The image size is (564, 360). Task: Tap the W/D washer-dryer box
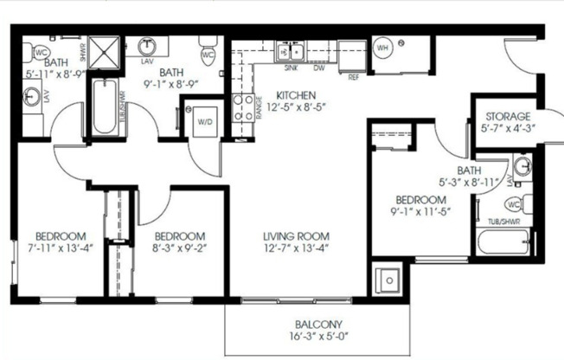tap(204, 122)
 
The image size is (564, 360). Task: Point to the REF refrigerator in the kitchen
tap(352, 55)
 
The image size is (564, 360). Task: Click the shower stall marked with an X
tap(106, 52)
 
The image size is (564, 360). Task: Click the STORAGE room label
tap(508, 116)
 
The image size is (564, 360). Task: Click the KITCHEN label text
tap(296, 95)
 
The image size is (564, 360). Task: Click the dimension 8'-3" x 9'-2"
tap(179, 249)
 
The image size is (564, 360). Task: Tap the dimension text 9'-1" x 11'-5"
tap(423, 209)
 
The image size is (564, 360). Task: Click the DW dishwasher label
tap(318, 68)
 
